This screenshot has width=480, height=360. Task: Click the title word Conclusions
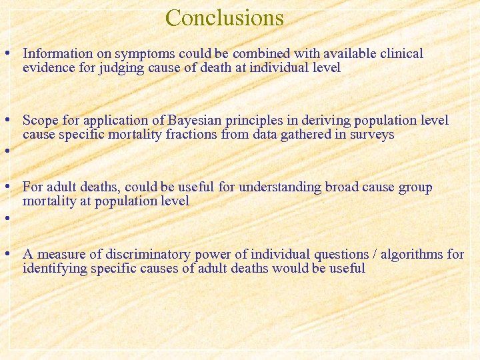click(225, 18)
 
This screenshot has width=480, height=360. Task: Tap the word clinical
click(400, 53)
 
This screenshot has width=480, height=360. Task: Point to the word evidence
click(49, 67)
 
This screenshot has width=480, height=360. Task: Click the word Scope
click(39, 121)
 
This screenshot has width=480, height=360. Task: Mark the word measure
click(63, 254)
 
